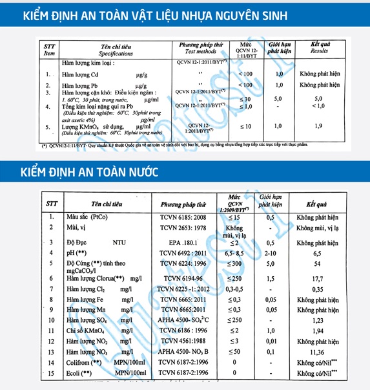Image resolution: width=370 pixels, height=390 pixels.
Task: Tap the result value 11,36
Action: click(x=317, y=352)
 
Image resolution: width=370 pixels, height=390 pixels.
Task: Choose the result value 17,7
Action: click(x=317, y=278)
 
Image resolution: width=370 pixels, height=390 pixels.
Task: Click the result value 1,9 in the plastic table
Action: click(x=318, y=126)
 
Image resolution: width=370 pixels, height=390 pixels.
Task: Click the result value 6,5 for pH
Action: click(x=317, y=254)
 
